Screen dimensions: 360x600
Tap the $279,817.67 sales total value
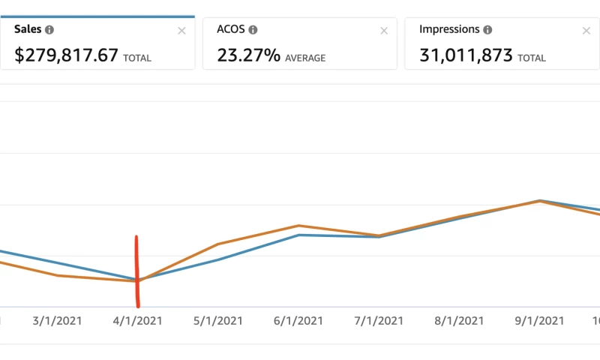click(x=67, y=55)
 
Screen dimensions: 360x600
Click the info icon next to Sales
click(x=49, y=30)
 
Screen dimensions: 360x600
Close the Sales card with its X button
click(x=181, y=31)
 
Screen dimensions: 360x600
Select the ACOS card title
click(x=231, y=30)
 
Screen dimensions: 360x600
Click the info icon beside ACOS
click(x=253, y=30)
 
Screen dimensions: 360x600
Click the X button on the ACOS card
click(x=384, y=31)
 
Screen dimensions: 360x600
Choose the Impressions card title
click(x=449, y=30)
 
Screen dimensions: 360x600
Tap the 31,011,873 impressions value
click(x=466, y=55)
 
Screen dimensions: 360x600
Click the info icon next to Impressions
click(x=487, y=30)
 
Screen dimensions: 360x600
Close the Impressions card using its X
click(x=586, y=31)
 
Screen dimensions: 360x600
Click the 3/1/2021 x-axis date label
click(x=57, y=320)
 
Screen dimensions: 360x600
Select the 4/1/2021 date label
click(x=138, y=320)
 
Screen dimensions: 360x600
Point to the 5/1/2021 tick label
click(x=218, y=320)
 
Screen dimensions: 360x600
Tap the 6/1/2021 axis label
click(x=298, y=320)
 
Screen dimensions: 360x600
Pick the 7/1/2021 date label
click(x=379, y=320)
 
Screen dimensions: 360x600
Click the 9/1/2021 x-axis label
click(x=538, y=320)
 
